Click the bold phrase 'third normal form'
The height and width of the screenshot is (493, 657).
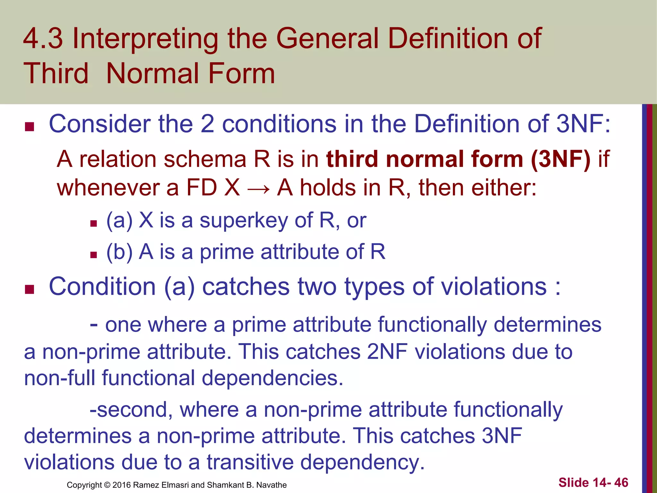click(x=425, y=159)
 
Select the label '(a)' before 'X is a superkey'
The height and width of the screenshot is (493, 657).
click(x=119, y=221)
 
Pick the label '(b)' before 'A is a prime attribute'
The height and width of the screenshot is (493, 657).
click(x=119, y=252)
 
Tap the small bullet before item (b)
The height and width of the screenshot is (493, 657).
click(x=93, y=255)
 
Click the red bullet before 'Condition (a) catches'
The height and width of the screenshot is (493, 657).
click(x=30, y=290)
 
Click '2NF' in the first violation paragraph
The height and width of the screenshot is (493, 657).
click(x=387, y=351)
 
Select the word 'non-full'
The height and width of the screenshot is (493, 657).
click(x=59, y=378)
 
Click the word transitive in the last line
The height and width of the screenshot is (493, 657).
click(x=250, y=462)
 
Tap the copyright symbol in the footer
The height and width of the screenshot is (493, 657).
click(x=107, y=485)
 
